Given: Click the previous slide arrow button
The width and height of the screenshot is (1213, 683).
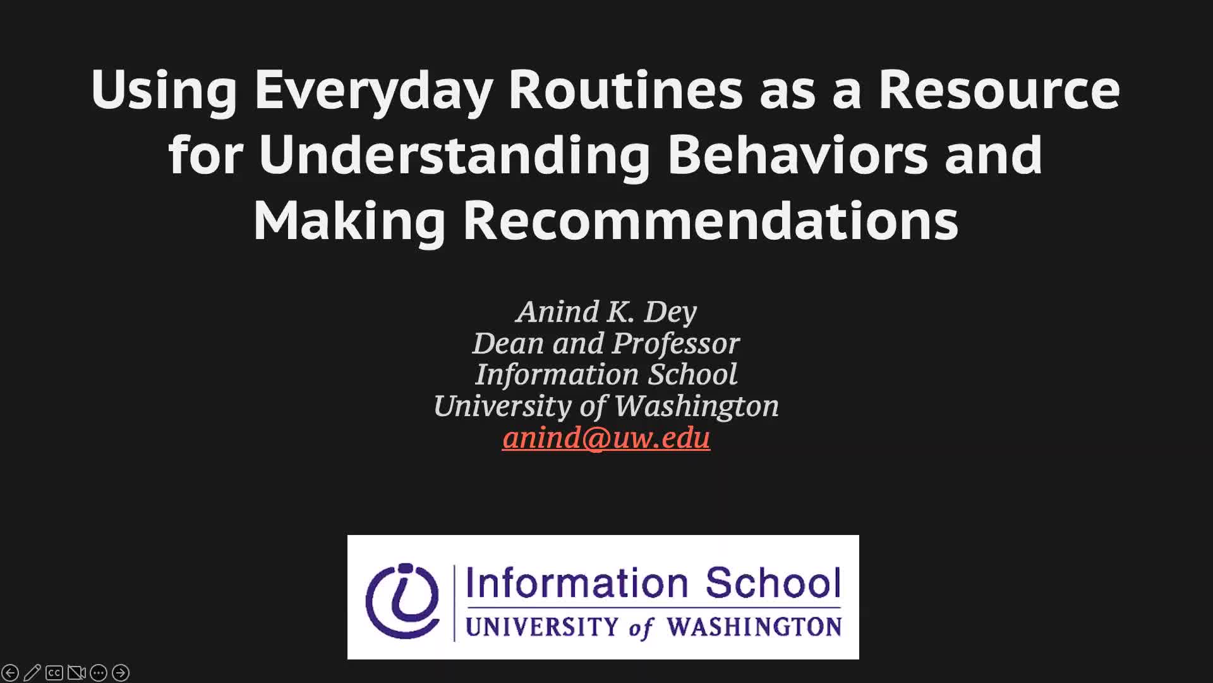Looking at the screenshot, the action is coord(10,673).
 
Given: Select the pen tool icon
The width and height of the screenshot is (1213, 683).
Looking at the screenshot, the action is coord(32,673).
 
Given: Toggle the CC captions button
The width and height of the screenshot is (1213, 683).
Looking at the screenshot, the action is coord(54,673).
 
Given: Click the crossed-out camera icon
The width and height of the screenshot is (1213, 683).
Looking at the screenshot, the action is coord(76,673).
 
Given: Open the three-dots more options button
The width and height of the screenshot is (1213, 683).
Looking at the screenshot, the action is coord(99,673).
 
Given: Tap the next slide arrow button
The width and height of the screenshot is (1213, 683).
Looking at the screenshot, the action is coord(121,673).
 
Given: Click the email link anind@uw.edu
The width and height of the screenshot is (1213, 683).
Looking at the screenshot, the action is coord(606,438).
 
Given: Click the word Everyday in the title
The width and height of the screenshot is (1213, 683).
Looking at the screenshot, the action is coord(373,90).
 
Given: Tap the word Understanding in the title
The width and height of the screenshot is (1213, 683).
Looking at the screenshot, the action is coord(454,156).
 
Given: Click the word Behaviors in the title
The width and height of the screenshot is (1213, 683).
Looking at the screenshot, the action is coord(798,155).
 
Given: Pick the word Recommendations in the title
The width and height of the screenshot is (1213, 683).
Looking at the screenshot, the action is coord(711,220).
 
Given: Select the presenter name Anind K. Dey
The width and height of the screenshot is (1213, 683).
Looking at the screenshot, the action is coord(606,312).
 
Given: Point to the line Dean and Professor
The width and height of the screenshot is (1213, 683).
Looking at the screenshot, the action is coord(606,343).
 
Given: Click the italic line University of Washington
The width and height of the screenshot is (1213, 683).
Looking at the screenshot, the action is coord(606,406).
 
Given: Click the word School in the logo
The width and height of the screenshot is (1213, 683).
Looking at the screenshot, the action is coord(773,582).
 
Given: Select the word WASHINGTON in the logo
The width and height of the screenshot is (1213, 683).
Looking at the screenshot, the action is coord(754,627).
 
